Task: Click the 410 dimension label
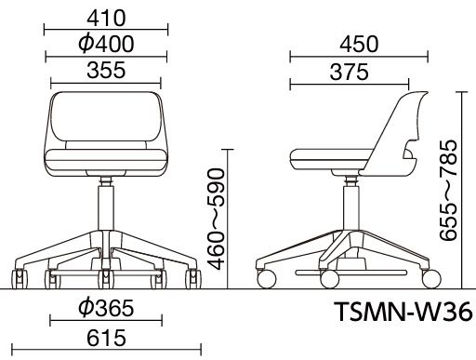[106, 19]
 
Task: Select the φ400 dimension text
[106, 44]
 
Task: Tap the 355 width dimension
[106, 70]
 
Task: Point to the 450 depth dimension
[359, 44]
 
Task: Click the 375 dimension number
[350, 72]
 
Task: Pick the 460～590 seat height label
[216, 219]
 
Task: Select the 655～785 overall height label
[448, 191]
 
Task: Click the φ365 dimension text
[106, 308]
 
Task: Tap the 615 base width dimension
[106, 338]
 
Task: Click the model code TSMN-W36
[403, 312]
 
